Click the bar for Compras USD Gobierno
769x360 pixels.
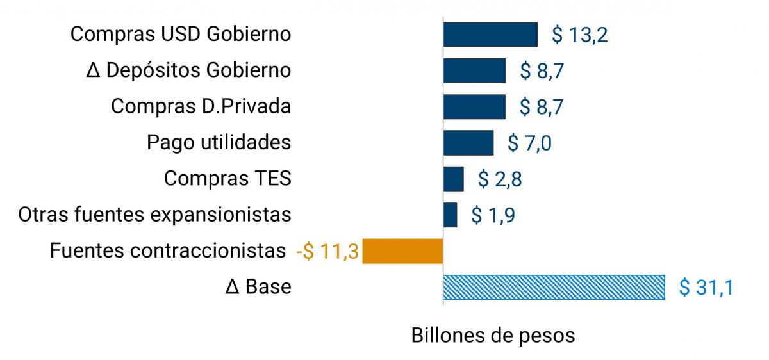490,35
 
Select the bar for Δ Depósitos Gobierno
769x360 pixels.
474,70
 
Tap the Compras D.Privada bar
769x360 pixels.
474,106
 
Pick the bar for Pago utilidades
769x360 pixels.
468,142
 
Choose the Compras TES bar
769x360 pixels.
454,179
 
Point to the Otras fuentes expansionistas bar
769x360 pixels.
451,215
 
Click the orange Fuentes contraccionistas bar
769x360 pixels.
403,250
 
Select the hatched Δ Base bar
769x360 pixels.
554,287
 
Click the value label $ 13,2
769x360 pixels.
579,35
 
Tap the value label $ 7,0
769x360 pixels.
529,143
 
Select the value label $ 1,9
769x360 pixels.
493,215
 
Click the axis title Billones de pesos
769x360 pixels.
493,336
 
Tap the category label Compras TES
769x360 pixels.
227,179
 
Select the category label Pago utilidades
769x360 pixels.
219,142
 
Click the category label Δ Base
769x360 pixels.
258,287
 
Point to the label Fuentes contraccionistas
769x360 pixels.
167,250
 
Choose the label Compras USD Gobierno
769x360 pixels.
181,35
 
